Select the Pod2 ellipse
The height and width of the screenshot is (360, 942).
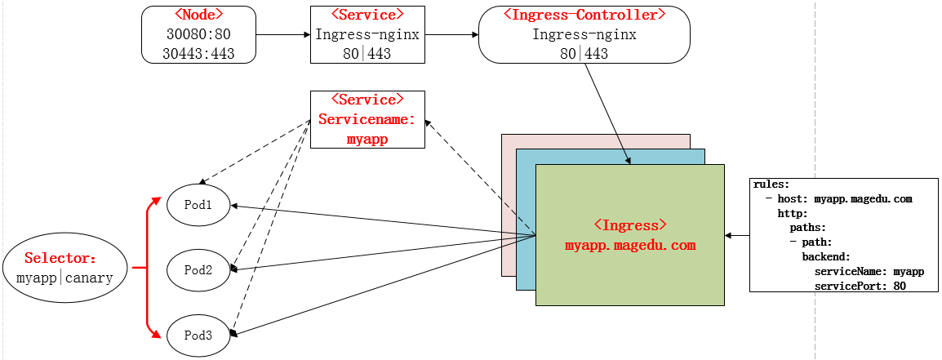click(x=198, y=269)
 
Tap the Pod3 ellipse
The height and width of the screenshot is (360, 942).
click(x=198, y=335)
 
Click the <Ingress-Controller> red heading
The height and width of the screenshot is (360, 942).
click(x=584, y=15)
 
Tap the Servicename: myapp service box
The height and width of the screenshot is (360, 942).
click(x=367, y=119)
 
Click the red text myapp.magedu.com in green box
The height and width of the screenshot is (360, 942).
click(x=629, y=245)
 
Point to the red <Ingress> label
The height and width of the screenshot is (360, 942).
click(x=629, y=224)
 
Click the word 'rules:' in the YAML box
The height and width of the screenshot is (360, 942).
click(x=771, y=184)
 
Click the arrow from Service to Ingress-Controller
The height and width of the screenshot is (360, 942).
click(x=451, y=35)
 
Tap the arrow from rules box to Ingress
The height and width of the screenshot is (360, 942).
click(x=738, y=235)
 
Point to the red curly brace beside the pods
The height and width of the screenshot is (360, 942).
click(x=147, y=268)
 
